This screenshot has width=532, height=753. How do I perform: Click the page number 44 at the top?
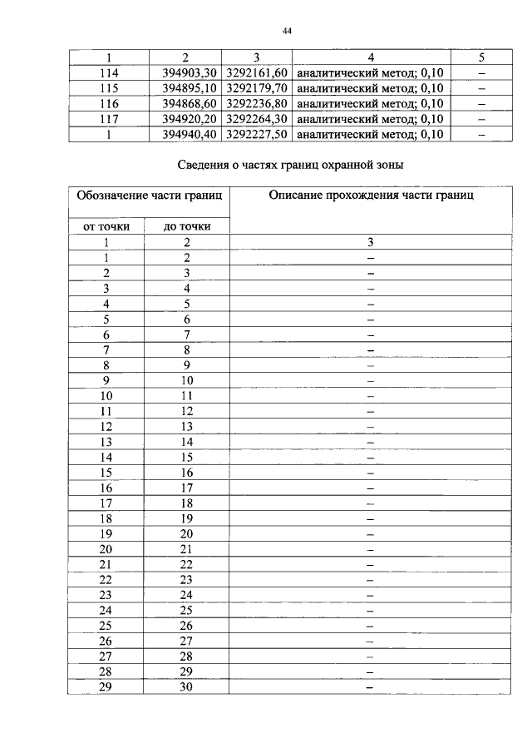(287, 31)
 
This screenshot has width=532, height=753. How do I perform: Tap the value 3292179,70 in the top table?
(258, 88)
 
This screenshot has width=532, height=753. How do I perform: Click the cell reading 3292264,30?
(258, 118)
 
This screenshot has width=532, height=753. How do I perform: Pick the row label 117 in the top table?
(108, 118)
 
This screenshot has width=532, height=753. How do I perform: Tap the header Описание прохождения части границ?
(371, 196)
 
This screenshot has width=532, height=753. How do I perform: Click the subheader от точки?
(106, 225)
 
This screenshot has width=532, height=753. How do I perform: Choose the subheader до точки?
(187, 225)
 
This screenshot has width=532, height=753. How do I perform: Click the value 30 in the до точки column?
(187, 687)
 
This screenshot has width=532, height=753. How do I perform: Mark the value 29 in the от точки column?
(106, 687)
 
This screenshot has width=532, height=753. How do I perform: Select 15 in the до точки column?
(187, 457)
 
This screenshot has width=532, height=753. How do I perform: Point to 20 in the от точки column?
(106, 549)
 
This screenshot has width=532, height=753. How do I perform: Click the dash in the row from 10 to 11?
(371, 395)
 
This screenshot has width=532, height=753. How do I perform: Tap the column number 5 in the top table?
(482, 57)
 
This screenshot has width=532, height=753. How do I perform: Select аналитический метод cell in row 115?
(371, 88)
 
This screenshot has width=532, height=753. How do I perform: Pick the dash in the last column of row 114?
(482, 73)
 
